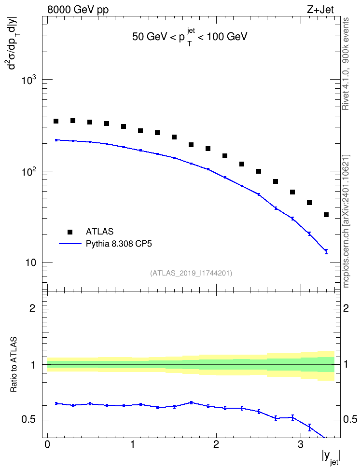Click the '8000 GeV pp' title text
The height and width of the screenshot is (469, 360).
pos(78,10)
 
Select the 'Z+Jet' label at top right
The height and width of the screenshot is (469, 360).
pos(320,10)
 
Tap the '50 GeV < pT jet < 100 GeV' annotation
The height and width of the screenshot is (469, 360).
pos(190,37)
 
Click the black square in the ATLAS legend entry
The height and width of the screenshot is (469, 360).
pos(70,232)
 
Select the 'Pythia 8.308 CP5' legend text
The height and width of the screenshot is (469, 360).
pos(119,244)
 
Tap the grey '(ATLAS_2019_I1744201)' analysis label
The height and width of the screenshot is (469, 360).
pos(191,273)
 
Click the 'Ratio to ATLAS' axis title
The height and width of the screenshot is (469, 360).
pos(14,364)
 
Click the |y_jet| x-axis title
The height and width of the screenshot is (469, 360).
pos(331,457)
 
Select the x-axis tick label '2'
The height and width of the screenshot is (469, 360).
pos(216,444)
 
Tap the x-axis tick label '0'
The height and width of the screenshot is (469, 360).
pos(47,444)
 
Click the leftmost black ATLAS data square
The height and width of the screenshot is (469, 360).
pos(56,121)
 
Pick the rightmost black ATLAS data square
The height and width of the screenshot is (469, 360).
pos(326,215)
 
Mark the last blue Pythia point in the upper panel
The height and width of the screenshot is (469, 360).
pos(326,251)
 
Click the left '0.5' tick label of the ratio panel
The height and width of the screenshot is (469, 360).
pos(28,420)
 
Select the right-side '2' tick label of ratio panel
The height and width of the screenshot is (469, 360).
pos(346,308)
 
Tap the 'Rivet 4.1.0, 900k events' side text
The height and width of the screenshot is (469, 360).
pos(346,64)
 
